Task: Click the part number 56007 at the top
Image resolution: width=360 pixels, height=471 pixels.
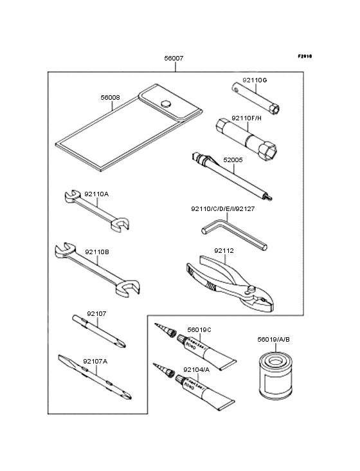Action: [x=174, y=58]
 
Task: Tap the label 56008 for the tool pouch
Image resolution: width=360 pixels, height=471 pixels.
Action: [x=110, y=98]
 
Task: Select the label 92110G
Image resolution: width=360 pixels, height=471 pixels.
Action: [x=254, y=80]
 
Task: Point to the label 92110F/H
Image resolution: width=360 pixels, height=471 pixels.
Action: [x=248, y=118]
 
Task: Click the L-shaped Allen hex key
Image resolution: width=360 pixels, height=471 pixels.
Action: [x=232, y=232]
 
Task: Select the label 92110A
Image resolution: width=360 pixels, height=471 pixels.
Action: [x=96, y=193]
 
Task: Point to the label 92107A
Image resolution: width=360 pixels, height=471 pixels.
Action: [x=95, y=361]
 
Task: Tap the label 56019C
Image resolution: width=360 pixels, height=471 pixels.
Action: [x=199, y=329]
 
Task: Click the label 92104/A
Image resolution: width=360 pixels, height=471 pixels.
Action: [x=195, y=369]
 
